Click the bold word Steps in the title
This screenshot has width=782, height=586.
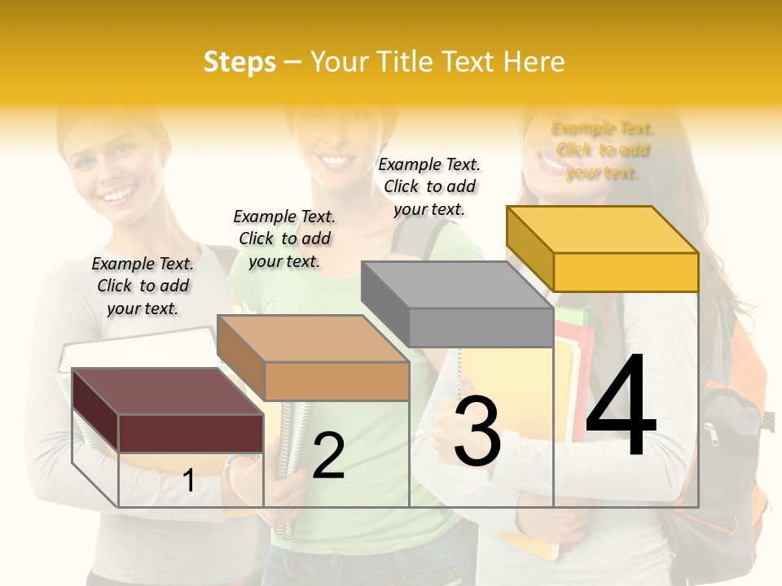[x=239, y=62]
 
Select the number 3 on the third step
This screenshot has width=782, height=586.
[x=477, y=431]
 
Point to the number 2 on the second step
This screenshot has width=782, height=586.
[x=328, y=455]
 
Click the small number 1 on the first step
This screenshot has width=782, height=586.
[x=189, y=481]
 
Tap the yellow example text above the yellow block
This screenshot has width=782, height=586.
[x=602, y=151]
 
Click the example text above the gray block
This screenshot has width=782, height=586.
[x=429, y=187]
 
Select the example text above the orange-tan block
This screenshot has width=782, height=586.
[x=284, y=238]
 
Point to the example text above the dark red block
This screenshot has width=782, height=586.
[x=143, y=286]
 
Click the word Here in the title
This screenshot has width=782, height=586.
[x=534, y=62]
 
